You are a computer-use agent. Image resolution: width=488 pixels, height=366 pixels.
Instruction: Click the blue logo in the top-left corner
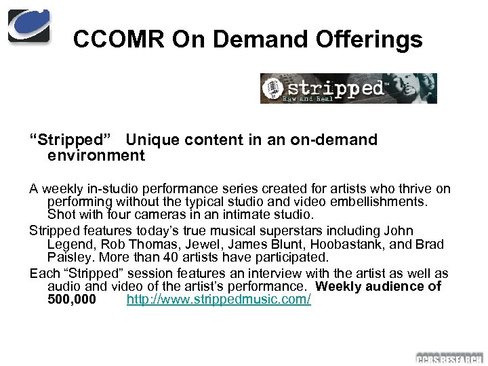28,26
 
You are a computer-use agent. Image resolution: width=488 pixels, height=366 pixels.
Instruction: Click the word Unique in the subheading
152,140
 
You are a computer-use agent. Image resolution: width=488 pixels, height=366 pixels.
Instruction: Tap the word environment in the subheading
96,156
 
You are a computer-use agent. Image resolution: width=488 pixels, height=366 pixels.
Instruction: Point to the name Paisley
70,258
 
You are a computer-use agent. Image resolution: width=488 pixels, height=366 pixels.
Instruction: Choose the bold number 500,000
72,299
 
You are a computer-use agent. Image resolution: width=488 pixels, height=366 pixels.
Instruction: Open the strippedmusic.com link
219,299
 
